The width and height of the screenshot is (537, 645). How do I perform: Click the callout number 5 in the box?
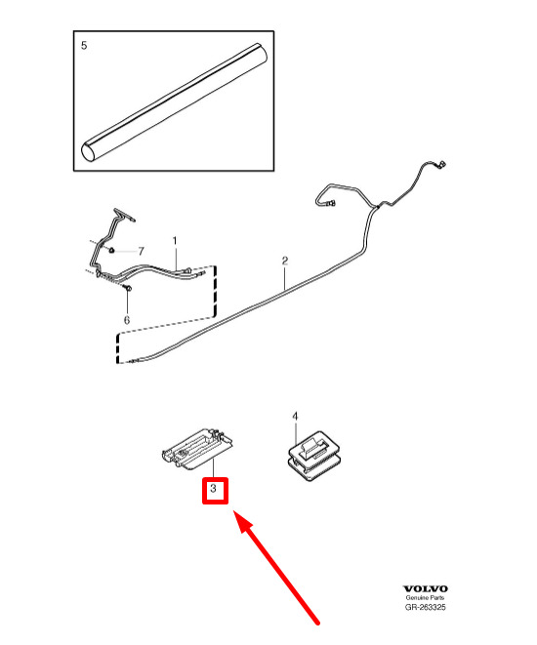(x=84, y=45)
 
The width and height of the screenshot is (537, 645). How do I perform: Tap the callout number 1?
(x=175, y=241)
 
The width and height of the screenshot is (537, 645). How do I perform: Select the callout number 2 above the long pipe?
(x=285, y=261)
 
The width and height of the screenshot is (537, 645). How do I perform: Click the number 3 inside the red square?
(x=213, y=489)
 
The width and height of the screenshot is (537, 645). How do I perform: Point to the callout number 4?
(x=295, y=417)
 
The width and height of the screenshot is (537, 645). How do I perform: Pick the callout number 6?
(x=127, y=320)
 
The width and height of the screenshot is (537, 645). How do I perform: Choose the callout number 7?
(x=142, y=251)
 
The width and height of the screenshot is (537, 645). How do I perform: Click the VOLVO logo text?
(x=425, y=589)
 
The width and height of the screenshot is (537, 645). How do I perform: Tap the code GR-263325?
(x=425, y=607)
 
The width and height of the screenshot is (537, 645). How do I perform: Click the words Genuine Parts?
(x=425, y=598)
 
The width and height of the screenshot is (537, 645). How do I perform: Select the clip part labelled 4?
(x=314, y=456)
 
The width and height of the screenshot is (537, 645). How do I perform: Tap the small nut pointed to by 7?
(x=111, y=250)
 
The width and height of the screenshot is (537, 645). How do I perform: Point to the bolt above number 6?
(x=128, y=288)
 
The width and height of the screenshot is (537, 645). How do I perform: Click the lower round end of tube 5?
(x=89, y=152)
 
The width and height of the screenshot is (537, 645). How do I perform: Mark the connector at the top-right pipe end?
(x=441, y=164)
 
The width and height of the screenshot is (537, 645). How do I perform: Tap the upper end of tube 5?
(x=261, y=53)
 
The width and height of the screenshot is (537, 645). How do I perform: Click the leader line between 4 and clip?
(x=296, y=433)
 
